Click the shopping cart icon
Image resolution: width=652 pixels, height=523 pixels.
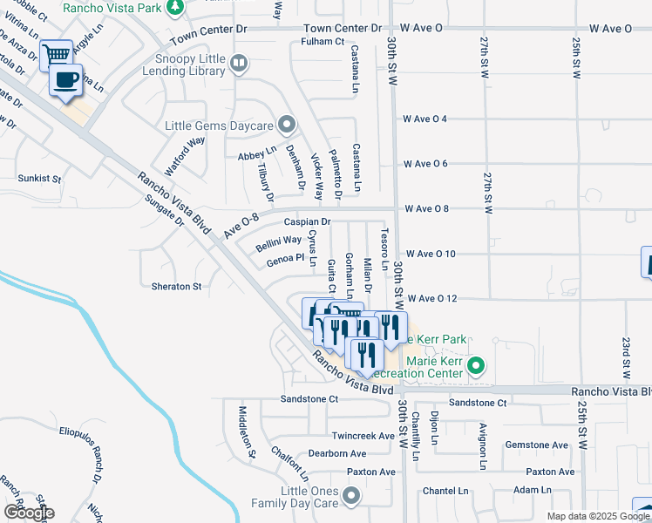[56, 55]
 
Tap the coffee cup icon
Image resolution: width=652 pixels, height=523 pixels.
[66, 81]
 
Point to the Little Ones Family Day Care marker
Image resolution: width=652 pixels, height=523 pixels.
[351, 497]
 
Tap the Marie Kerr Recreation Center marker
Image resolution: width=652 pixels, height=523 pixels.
[476, 365]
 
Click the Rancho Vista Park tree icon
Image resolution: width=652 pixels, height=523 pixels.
[175, 7]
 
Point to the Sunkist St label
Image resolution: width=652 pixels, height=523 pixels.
[40, 178]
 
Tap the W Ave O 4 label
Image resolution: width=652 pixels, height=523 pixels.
[425, 119]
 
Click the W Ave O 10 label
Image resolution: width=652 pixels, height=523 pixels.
[431, 254]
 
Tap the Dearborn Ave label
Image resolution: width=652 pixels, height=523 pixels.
[337, 453]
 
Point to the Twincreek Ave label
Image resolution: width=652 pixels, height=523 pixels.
[363, 435]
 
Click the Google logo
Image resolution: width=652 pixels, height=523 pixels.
[29, 513]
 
